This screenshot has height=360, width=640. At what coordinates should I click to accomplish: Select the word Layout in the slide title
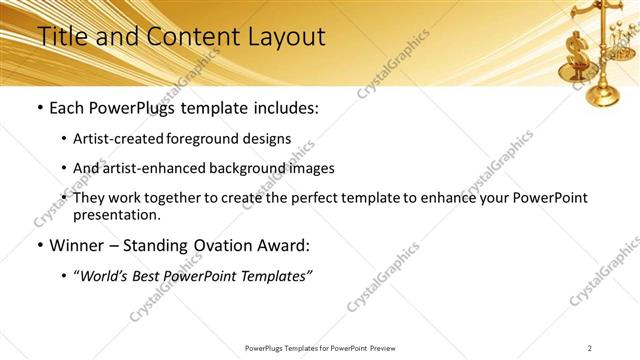pos(285,37)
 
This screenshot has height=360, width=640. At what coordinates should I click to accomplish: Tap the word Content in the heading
pos(190,37)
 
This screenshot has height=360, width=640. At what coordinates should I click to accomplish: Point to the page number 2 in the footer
pos(589,348)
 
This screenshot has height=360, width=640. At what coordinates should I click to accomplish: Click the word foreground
pos(212,138)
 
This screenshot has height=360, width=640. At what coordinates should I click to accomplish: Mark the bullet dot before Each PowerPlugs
pos(39,107)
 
